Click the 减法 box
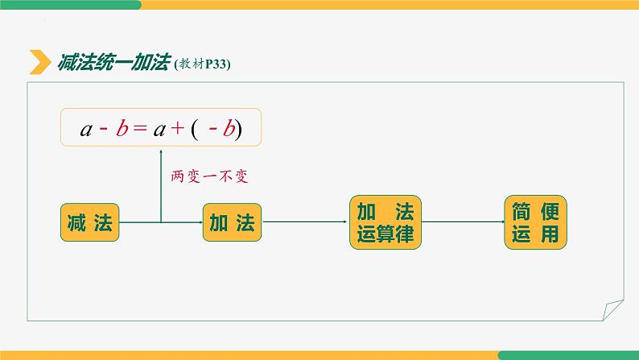(89, 222)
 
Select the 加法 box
(232, 222)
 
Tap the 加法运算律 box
(385, 222)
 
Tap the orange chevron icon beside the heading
(39, 63)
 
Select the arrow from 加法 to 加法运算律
(306, 222)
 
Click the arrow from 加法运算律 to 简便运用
(463, 222)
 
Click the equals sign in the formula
(138, 129)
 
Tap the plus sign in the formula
(175, 129)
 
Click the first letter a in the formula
(86, 130)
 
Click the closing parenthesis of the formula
(238, 129)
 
